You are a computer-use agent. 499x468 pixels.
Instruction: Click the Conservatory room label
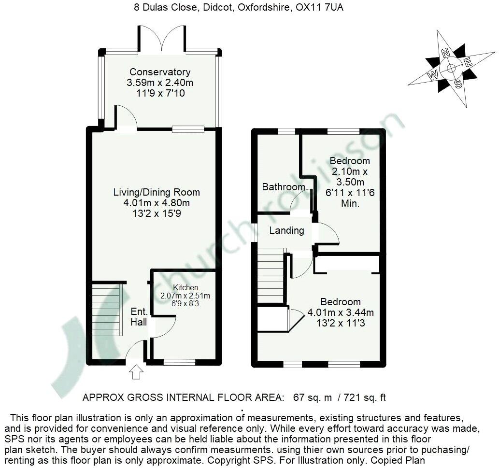tap(160, 72)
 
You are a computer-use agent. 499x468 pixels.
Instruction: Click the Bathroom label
tap(284, 187)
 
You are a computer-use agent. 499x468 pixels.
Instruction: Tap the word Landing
tap(286, 230)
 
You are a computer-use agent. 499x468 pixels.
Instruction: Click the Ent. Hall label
tap(139, 318)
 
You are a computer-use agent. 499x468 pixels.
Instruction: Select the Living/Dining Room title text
tap(157, 192)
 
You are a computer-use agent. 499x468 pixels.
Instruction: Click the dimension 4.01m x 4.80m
tap(157, 202)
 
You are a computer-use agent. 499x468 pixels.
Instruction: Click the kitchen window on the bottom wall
tap(179, 362)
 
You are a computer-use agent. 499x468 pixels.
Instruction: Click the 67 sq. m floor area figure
tap(313, 398)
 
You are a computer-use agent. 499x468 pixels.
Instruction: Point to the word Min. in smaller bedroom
tap(350, 203)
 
